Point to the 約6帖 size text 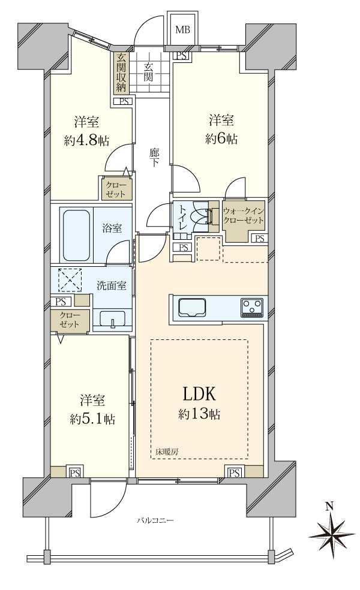[221, 139]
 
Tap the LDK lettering [195, 395]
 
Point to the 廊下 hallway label [154, 157]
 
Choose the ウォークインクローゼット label [243, 215]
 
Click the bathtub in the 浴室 [76, 234]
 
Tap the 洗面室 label [112, 285]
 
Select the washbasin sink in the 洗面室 [112, 320]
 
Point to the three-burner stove [252, 308]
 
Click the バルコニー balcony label [154, 520]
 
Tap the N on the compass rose [329, 507]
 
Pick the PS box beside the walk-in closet [259, 239]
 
